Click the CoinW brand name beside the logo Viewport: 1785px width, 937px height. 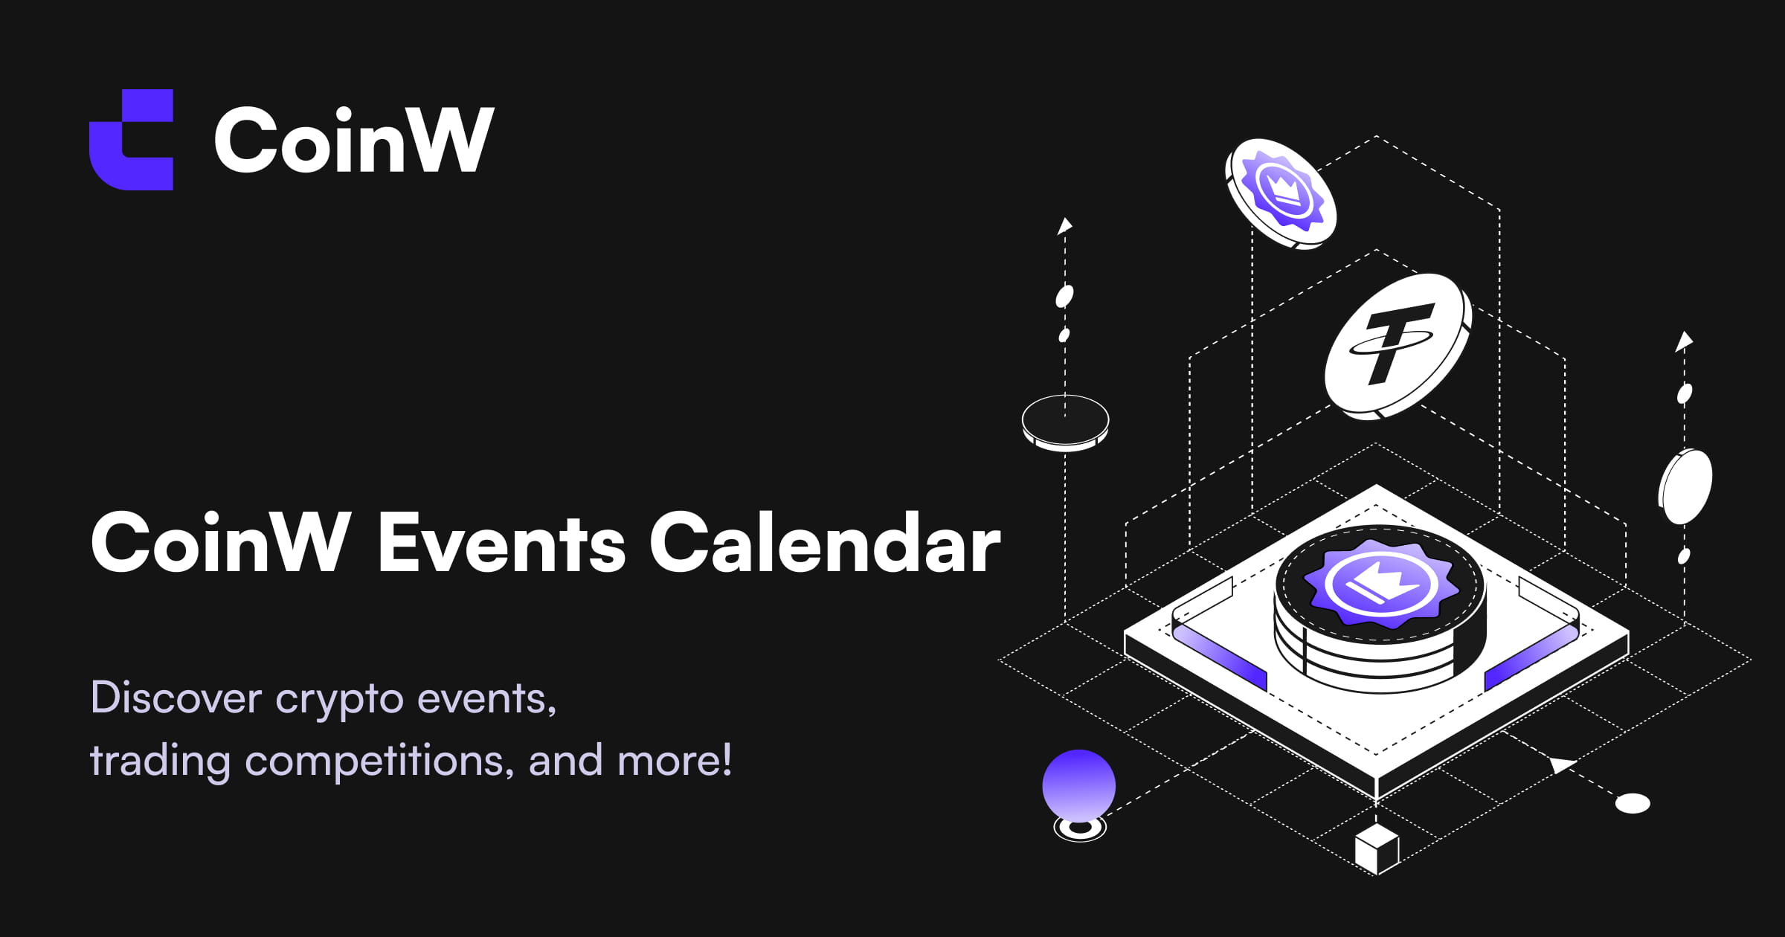(x=354, y=140)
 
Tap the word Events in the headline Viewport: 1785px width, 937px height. (x=501, y=544)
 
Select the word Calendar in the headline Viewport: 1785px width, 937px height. (x=825, y=544)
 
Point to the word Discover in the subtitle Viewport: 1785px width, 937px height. (x=176, y=698)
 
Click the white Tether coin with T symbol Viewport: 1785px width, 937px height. (x=1397, y=345)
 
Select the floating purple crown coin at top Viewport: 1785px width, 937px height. (x=1281, y=193)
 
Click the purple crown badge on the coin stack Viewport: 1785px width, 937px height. (x=1380, y=585)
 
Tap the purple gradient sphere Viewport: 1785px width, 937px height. (x=1078, y=785)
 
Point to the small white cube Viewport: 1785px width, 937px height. (x=1377, y=849)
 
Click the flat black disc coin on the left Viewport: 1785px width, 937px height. (x=1065, y=422)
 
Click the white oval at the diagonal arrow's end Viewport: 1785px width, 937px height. (x=1633, y=803)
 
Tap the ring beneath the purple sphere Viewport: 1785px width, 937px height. (x=1080, y=828)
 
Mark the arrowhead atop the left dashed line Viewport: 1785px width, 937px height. (x=1065, y=225)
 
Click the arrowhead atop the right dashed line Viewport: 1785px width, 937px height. (x=1684, y=341)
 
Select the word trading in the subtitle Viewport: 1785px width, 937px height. (x=160, y=761)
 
